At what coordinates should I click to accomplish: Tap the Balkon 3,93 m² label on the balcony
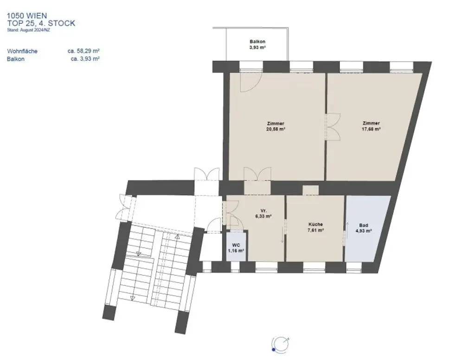(x=257, y=44)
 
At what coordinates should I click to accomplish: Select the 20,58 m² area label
(x=276, y=130)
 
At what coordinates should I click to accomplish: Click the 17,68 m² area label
(x=371, y=130)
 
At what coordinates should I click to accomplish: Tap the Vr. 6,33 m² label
(x=263, y=213)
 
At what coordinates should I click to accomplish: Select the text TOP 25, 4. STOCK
(x=41, y=23)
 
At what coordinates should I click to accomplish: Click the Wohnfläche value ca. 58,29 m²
(x=84, y=51)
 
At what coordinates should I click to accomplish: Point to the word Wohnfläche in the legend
(x=22, y=51)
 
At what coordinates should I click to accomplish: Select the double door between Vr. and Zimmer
(x=257, y=175)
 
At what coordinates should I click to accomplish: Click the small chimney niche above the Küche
(x=310, y=190)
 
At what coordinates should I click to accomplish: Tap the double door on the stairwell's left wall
(x=123, y=207)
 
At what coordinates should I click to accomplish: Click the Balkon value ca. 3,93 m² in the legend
(x=85, y=59)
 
